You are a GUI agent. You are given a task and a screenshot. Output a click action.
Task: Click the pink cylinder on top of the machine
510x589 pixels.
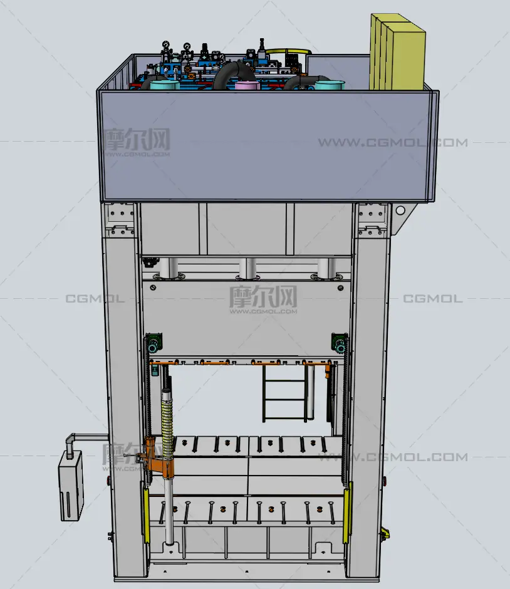[x=247, y=86]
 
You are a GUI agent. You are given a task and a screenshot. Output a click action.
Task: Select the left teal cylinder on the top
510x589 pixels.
[x=165, y=84]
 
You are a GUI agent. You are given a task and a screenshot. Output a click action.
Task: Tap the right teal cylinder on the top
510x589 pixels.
[x=330, y=85]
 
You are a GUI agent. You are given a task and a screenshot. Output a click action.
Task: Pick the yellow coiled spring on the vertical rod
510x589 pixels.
[x=167, y=428]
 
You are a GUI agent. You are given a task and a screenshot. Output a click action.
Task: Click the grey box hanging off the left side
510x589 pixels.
[x=71, y=486]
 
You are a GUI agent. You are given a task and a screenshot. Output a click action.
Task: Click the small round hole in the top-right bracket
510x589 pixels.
[x=400, y=211]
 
